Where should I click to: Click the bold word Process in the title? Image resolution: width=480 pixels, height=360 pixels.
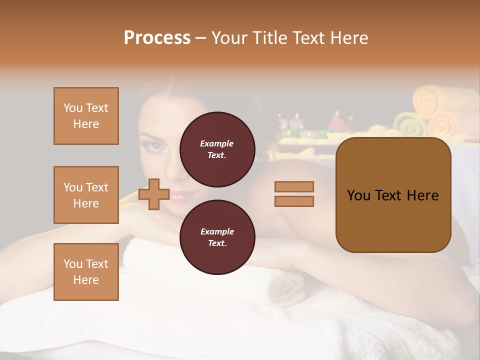(157, 38)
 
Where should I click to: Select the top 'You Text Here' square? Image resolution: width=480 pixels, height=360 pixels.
(86, 116)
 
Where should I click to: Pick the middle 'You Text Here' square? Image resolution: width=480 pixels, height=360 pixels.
(86, 195)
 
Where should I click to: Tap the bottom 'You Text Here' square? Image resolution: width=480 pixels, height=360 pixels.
(86, 272)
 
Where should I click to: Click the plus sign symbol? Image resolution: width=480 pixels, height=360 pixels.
(154, 194)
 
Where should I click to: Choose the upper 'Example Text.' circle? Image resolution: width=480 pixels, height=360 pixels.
(217, 149)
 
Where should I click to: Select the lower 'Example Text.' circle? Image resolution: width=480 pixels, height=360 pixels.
(217, 237)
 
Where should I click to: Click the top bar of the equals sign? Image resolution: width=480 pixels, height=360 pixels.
(294, 186)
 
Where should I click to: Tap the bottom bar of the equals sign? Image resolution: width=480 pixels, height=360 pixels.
(294, 201)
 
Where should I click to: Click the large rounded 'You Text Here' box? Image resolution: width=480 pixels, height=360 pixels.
(393, 195)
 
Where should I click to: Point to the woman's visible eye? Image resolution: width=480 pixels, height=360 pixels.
(156, 146)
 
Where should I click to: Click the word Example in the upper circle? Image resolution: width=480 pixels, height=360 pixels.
(217, 143)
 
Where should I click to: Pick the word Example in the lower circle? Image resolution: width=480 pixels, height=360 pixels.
(217, 231)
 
